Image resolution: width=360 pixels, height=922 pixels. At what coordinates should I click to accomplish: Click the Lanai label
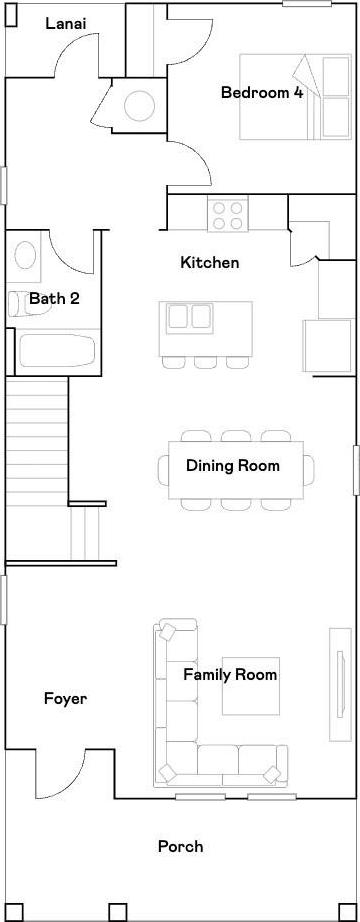tap(66, 24)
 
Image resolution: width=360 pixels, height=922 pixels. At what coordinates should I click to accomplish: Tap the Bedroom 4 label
tap(262, 92)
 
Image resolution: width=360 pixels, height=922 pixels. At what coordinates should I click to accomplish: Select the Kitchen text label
tap(209, 263)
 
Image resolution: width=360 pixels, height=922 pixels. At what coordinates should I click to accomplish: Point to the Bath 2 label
tap(54, 299)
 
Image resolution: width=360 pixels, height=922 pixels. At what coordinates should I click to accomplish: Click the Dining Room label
tap(232, 466)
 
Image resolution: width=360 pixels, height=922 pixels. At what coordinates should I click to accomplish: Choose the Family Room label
tap(230, 674)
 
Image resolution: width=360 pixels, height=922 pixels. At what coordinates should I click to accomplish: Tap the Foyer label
tap(66, 699)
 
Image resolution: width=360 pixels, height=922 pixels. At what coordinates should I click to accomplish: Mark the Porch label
tap(181, 847)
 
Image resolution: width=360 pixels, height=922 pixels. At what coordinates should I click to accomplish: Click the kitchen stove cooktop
tap(228, 215)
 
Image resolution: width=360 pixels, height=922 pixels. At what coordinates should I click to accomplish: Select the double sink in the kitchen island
tap(189, 317)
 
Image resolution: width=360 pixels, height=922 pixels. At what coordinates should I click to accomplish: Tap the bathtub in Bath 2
tap(57, 352)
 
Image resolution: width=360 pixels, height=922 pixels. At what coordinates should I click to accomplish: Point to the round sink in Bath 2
tap(25, 255)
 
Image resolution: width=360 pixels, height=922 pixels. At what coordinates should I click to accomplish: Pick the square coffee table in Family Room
tap(251, 686)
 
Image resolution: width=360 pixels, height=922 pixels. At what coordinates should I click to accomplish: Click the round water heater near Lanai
tap(139, 106)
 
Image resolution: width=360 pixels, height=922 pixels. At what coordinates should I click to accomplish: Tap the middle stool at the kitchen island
tap(205, 363)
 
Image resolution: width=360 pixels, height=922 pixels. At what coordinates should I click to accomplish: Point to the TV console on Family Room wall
tap(340, 685)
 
